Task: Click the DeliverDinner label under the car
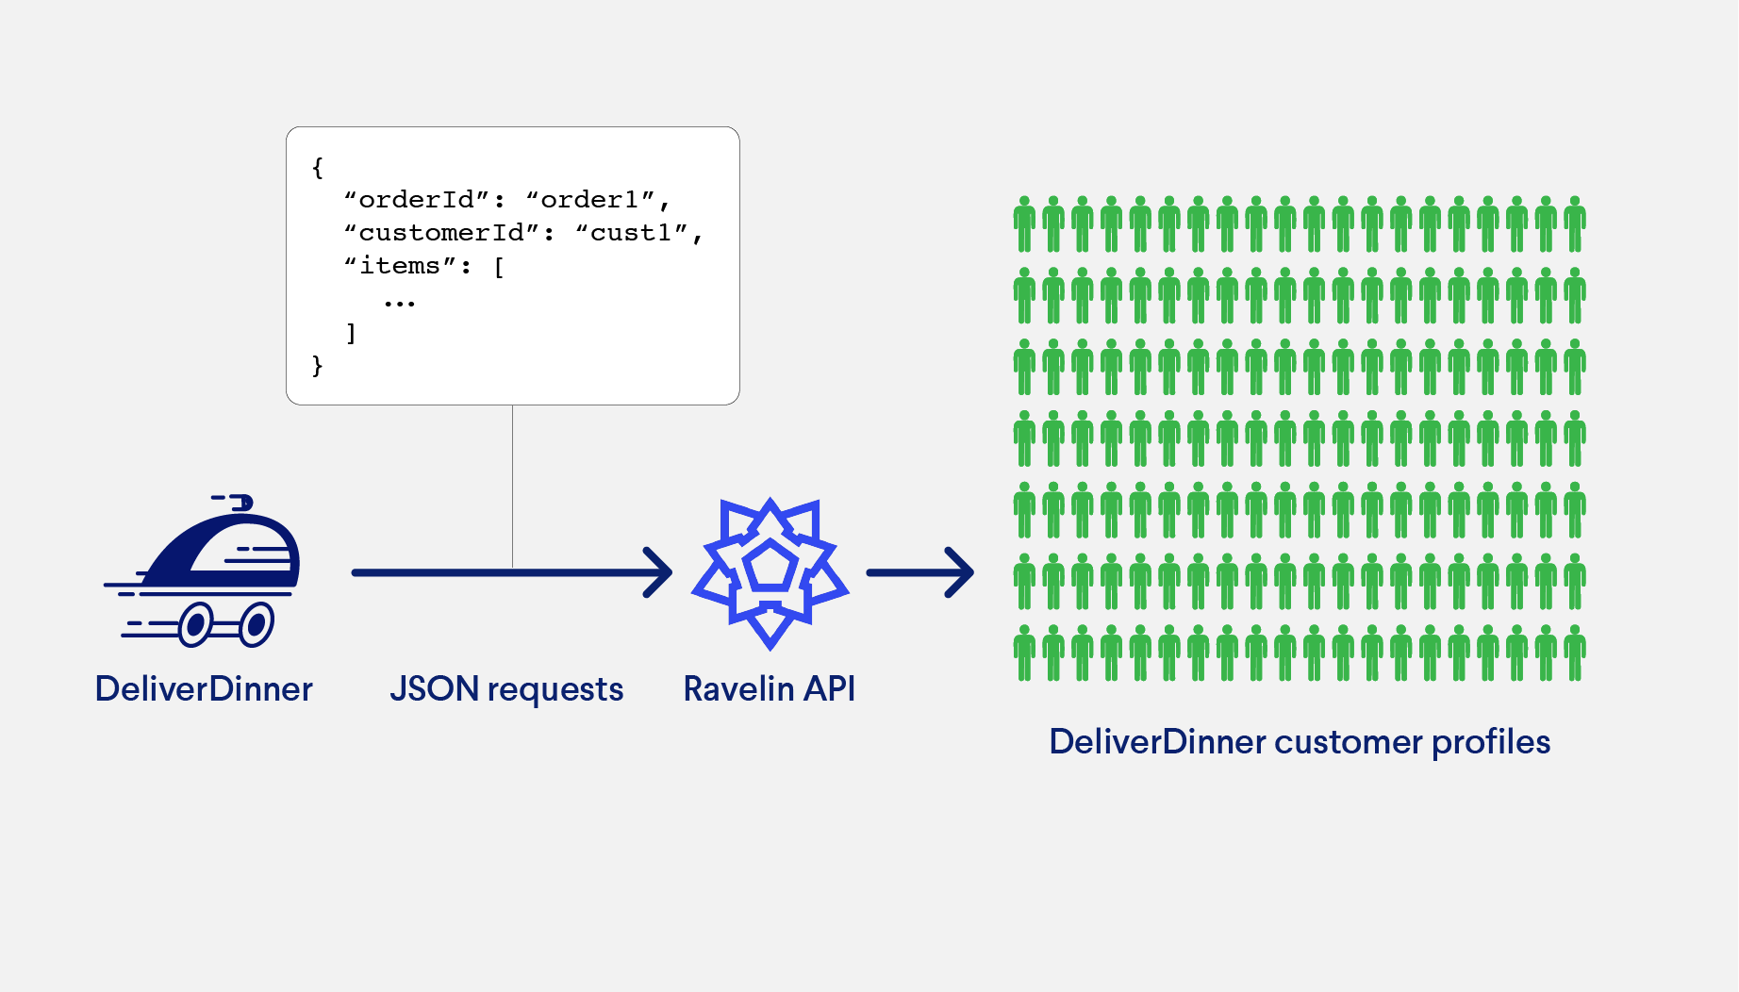pyautogui.click(x=204, y=689)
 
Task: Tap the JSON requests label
pyautogui.click(x=506, y=689)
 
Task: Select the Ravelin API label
pyautogui.click(x=769, y=689)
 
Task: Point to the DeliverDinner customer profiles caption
pyautogui.click(x=1300, y=742)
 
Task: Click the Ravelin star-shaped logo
pyautogui.click(x=770, y=573)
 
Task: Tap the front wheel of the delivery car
pyautogui.click(x=256, y=624)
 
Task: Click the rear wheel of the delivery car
pyautogui.click(x=195, y=624)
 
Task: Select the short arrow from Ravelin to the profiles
pyautogui.click(x=919, y=572)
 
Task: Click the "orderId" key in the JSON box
pyautogui.click(x=417, y=200)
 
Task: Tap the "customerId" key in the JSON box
pyautogui.click(x=441, y=233)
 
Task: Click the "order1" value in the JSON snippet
pyautogui.click(x=589, y=200)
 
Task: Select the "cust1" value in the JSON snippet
pyautogui.click(x=631, y=233)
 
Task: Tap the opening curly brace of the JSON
pyautogui.click(x=318, y=168)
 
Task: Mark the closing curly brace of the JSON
pyautogui.click(x=318, y=365)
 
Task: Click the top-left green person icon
pyautogui.click(x=1024, y=224)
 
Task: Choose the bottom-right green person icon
pyautogui.click(x=1575, y=653)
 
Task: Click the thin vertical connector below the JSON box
pyautogui.click(x=512, y=486)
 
